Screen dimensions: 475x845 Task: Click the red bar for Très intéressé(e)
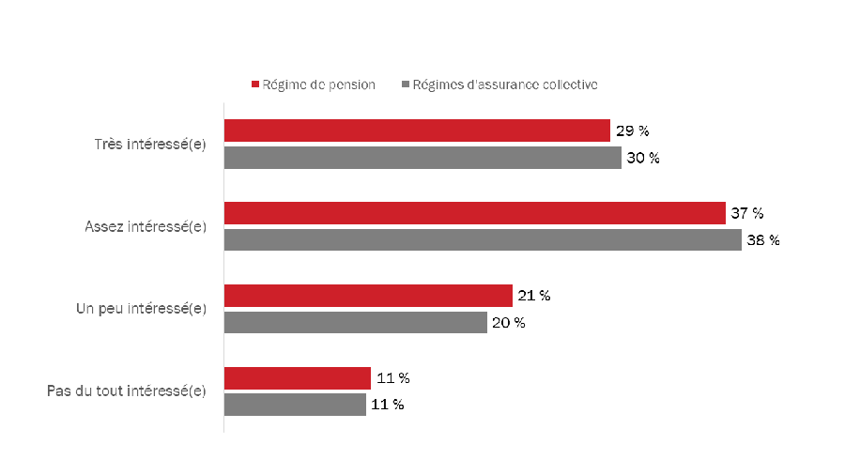417,130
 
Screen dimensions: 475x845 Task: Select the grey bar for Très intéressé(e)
422,158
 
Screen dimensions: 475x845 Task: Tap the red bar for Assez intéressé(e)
475,213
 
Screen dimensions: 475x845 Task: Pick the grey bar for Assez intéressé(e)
483,240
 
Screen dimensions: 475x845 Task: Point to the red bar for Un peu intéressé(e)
368,296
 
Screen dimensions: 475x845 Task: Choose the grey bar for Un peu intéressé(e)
356,323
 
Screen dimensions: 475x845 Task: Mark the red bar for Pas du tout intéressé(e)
298,378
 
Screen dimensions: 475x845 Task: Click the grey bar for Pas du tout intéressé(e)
295,405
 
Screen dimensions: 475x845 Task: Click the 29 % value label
633,130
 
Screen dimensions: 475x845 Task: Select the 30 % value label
643,158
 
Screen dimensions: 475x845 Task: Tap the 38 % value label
763,240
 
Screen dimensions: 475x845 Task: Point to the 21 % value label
533,296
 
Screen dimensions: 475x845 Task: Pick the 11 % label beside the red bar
392,378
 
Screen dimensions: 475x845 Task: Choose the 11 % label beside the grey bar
388,405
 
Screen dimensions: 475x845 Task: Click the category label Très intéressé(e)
150,145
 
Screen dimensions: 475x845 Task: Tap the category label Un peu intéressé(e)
141,309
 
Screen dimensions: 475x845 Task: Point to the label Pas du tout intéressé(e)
127,391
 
